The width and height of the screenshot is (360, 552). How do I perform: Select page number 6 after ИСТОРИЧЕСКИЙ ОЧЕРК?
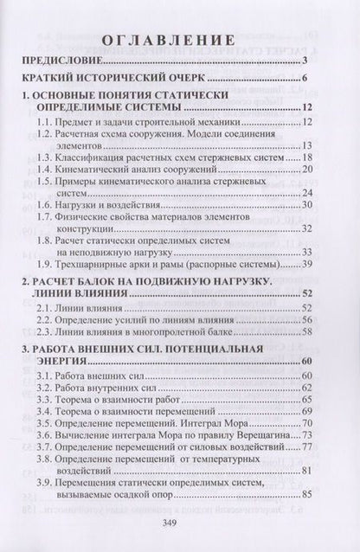coord(307,84)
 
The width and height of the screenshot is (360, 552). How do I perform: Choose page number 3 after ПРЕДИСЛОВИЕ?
coord(307,62)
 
